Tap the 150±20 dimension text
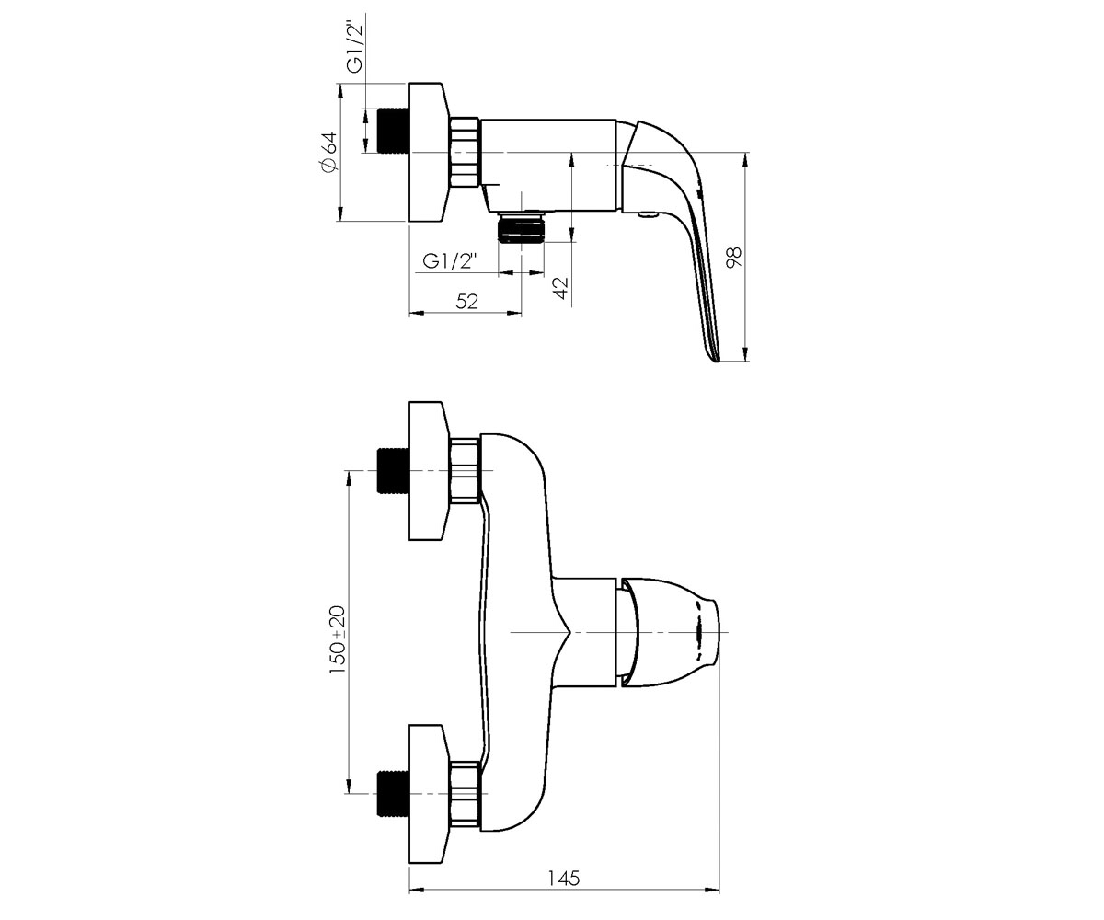point(338,639)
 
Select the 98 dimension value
point(734,258)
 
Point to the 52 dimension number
point(466,302)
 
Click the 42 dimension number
point(561,288)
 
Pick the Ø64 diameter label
point(328,153)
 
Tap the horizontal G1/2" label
point(450,260)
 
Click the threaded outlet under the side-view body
point(522,227)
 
